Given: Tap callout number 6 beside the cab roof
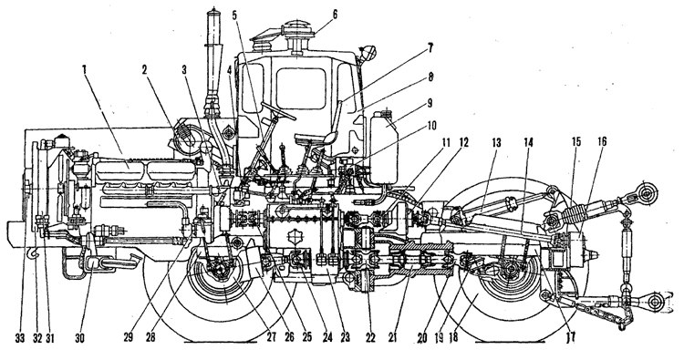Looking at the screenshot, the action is tap(335, 15).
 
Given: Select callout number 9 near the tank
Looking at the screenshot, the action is tap(430, 103).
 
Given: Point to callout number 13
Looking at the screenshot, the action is tap(496, 142).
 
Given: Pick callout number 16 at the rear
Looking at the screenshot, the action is tap(603, 141).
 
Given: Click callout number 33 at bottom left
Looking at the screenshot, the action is tap(20, 338).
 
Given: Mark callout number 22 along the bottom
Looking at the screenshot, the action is tap(370, 338).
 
